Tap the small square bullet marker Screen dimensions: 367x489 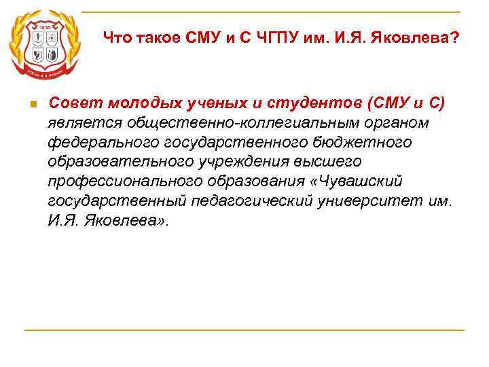pos(32,104)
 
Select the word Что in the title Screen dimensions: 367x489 pos(117,38)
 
